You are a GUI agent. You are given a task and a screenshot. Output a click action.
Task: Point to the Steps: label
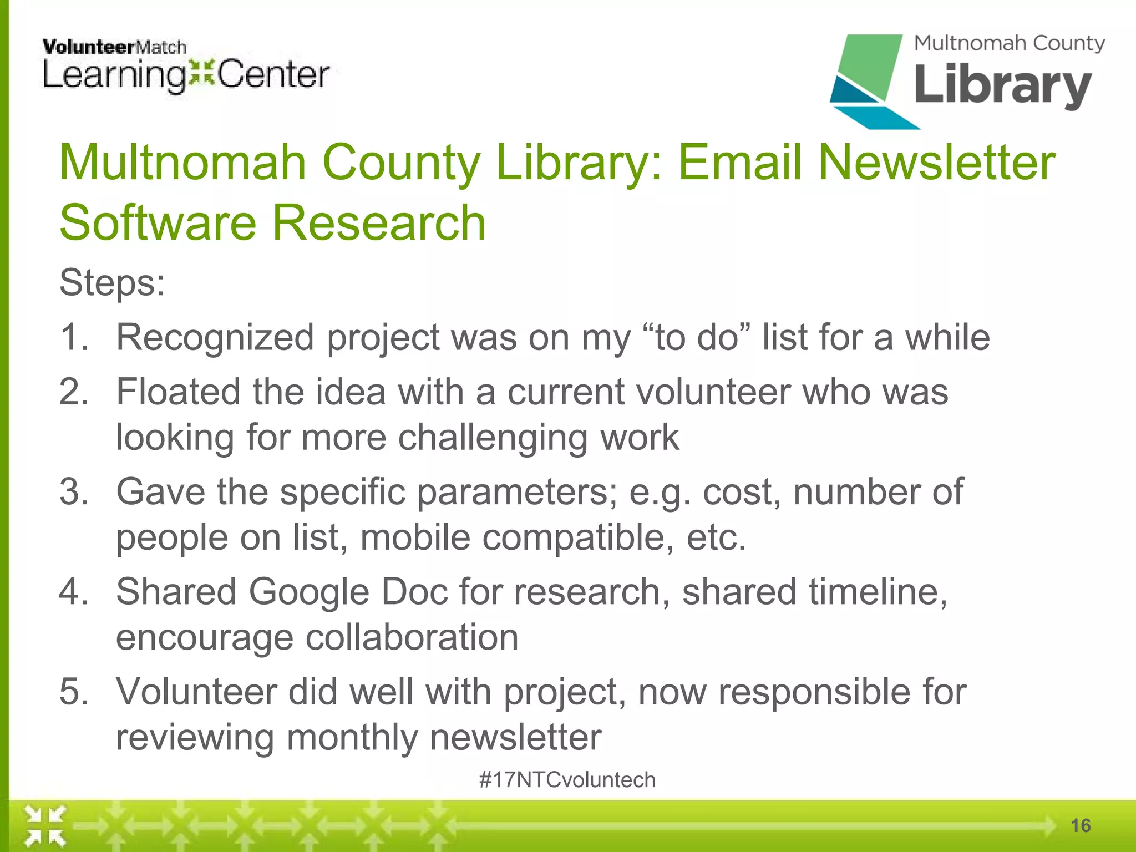[112, 283]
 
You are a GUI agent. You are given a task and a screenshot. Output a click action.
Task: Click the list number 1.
[74, 337]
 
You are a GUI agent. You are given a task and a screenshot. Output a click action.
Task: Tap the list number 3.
[74, 492]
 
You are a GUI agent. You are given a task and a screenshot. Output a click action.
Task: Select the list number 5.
[74, 692]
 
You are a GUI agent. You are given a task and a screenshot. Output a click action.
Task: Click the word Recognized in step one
[215, 337]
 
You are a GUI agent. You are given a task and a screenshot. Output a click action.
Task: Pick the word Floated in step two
[178, 392]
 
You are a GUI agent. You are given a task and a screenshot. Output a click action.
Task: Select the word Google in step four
[308, 592]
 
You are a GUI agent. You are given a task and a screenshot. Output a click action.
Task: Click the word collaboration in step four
[412, 637]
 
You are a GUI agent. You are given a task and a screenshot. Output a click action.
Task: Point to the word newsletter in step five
[515, 737]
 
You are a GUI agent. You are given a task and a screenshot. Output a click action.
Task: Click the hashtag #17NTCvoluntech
[567, 780]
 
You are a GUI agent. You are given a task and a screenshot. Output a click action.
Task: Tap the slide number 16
[1081, 826]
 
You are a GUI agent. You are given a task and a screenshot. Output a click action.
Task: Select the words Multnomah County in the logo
[1010, 43]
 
